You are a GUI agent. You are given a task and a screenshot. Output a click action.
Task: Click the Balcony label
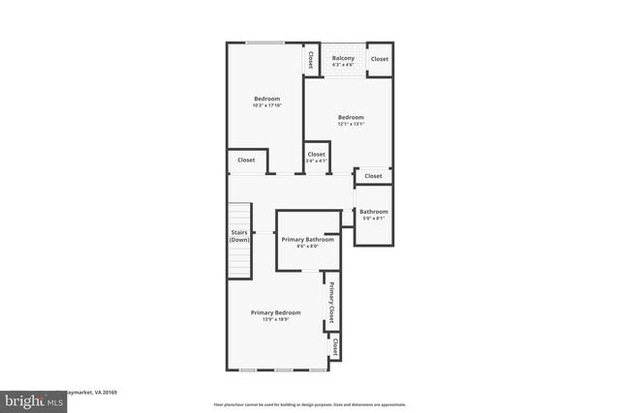[343, 58]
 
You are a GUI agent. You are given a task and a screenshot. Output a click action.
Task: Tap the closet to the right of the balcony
[379, 59]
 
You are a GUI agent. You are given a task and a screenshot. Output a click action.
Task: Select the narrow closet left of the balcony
[310, 59]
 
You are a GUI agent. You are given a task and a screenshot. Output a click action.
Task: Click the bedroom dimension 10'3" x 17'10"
[267, 105]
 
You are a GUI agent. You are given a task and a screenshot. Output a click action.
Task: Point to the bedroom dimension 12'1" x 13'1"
[350, 124]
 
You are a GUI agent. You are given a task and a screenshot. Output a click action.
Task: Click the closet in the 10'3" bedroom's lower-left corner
[246, 160]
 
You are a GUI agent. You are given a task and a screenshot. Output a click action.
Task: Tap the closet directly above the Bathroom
[373, 176]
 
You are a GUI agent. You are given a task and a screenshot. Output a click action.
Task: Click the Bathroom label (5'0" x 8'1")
[373, 212]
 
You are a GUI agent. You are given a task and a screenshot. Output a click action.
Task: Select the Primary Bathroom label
[307, 239]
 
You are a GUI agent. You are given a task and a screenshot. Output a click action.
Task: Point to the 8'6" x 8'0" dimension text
[307, 246]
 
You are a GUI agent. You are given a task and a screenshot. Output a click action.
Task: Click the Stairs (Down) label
[239, 237]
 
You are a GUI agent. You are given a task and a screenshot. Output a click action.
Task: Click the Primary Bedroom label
[275, 312]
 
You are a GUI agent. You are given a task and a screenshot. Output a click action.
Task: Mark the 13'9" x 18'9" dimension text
[275, 319]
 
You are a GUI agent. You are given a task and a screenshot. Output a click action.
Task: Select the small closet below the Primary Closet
[335, 344]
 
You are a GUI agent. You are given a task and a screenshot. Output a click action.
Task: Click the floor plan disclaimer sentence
[310, 405]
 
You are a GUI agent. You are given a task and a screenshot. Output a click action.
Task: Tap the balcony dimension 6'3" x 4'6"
[343, 65]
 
